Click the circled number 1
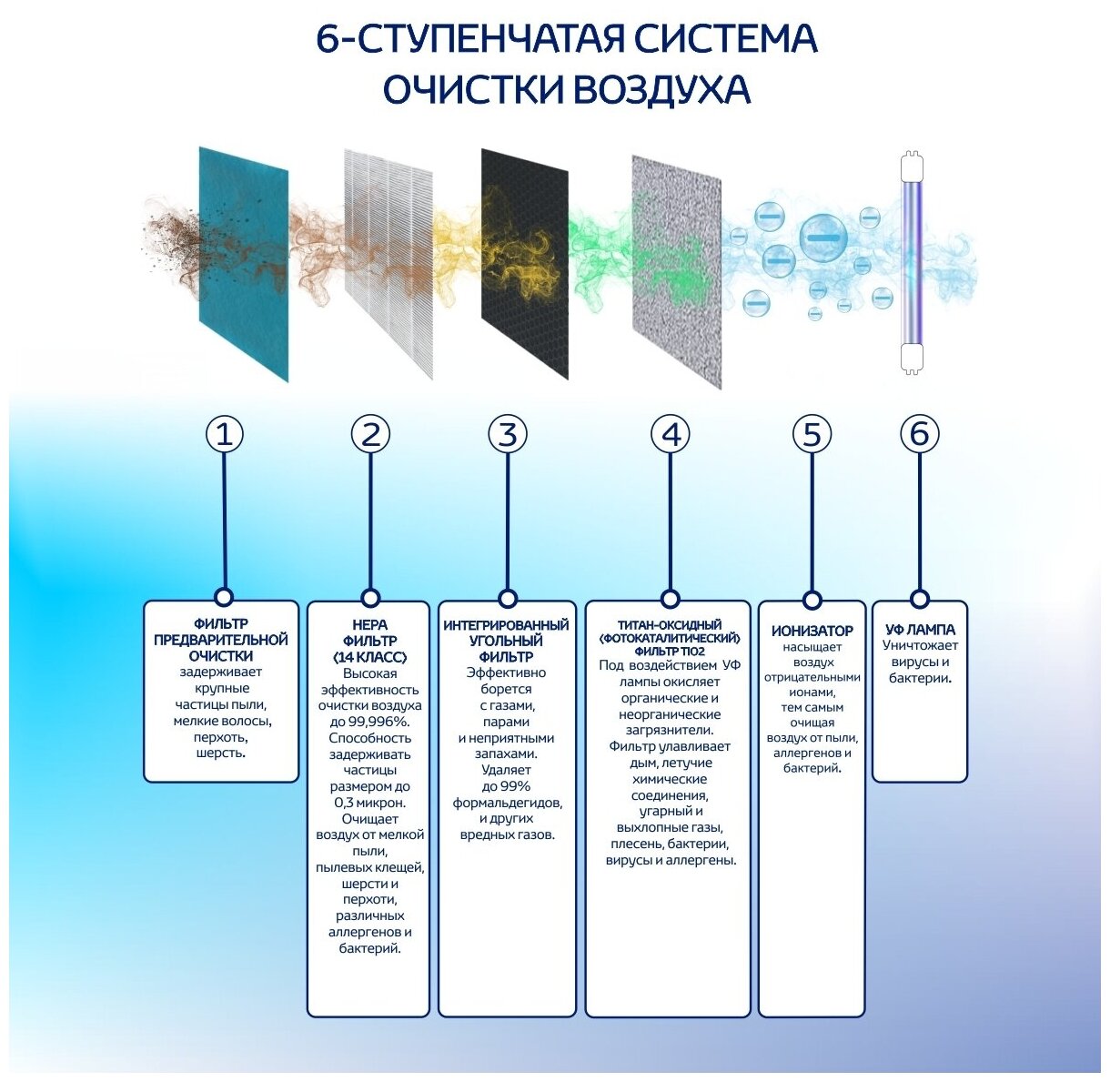(x=225, y=434)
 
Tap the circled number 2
(x=370, y=434)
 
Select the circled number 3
(x=508, y=434)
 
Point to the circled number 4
(x=671, y=434)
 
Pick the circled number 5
(x=812, y=434)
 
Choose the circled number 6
(x=919, y=433)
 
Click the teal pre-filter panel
(x=244, y=264)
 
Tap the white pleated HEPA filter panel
(x=388, y=264)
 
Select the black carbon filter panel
(x=525, y=264)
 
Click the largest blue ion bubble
(x=823, y=238)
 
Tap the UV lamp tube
(x=912, y=263)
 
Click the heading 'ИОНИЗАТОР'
(x=812, y=631)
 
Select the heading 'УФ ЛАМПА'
(x=920, y=630)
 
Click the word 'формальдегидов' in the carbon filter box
(x=508, y=803)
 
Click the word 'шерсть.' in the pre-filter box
(x=221, y=753)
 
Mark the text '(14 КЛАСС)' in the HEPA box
(x=369, y=657)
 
